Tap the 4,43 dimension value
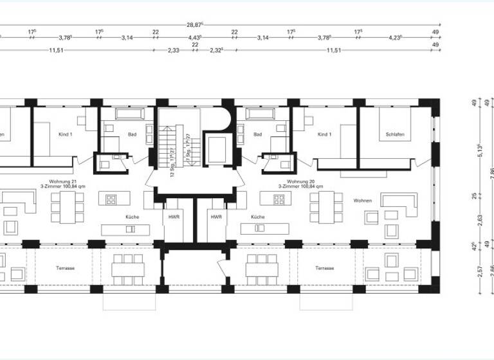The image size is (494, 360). click(x=195, y=37)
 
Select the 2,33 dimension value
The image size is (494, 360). click(x=174, y=50)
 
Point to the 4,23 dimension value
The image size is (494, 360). click(x=395, y=37)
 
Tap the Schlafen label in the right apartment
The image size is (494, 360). click(x=395, y=135)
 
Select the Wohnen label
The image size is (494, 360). click(x=362, y=201)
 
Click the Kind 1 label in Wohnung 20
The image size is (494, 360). click(x=324, y=135)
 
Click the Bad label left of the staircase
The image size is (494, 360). click(x=133, y=135)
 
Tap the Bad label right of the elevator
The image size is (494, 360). click(x=258, y=135)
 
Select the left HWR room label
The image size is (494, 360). click(x=174, y=217)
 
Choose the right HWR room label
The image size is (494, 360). click(x=215, y=217)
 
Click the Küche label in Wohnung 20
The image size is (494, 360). click(x=258, y=217)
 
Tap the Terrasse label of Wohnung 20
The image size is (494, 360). click(x=324, y=267)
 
